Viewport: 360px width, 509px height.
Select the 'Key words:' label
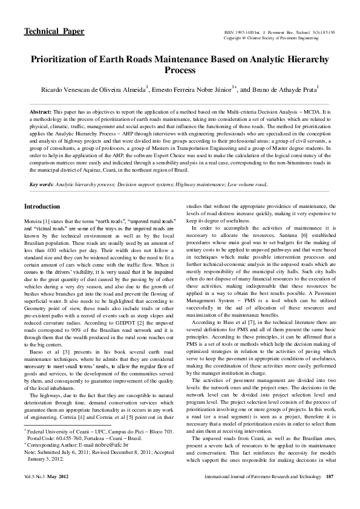coord(42,183)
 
